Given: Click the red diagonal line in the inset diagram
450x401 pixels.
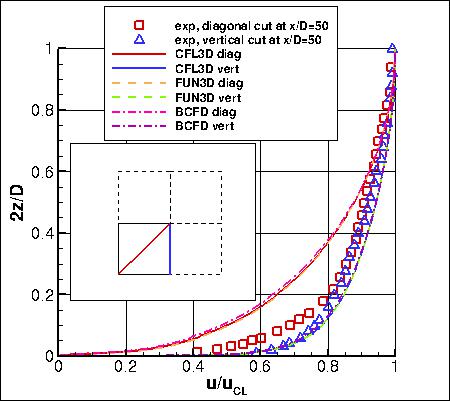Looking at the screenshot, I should pos(144,248).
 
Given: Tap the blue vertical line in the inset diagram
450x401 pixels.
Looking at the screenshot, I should pos(170,248).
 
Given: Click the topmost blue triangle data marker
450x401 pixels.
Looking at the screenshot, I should pos(393,48).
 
